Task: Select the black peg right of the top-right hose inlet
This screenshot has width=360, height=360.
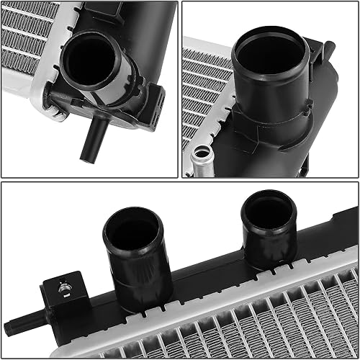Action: tap(328, 50)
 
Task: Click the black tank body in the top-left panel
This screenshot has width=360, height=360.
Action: tap(144, 43)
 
